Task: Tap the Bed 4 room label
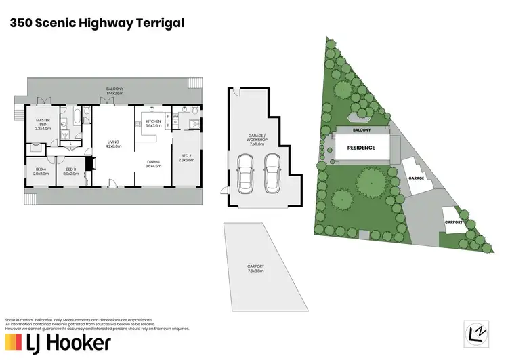41,171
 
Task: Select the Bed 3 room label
71,171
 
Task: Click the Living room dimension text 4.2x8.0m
113,146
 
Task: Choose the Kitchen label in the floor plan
154,123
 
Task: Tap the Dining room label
154,163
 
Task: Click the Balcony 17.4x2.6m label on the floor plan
114,91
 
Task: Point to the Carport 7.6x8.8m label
255,268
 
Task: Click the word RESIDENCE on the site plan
362,148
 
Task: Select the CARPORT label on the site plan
454,222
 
